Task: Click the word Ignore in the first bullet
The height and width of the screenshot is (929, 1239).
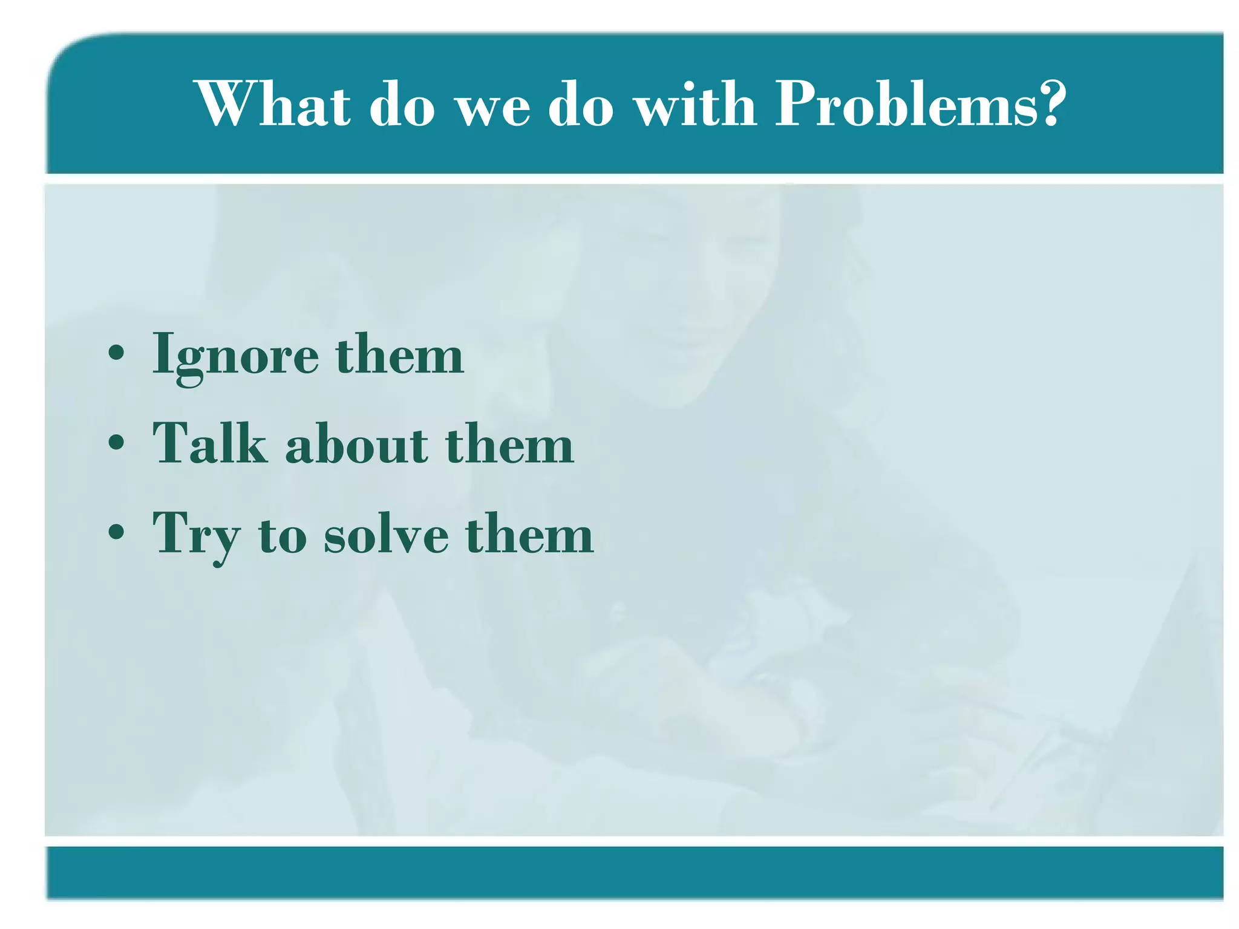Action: tap(236, 357)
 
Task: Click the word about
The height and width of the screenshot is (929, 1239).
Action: tap(357, 445)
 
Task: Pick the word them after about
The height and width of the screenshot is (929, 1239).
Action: tap(510, 445)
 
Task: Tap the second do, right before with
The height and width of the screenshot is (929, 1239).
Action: tap(581, 105)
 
